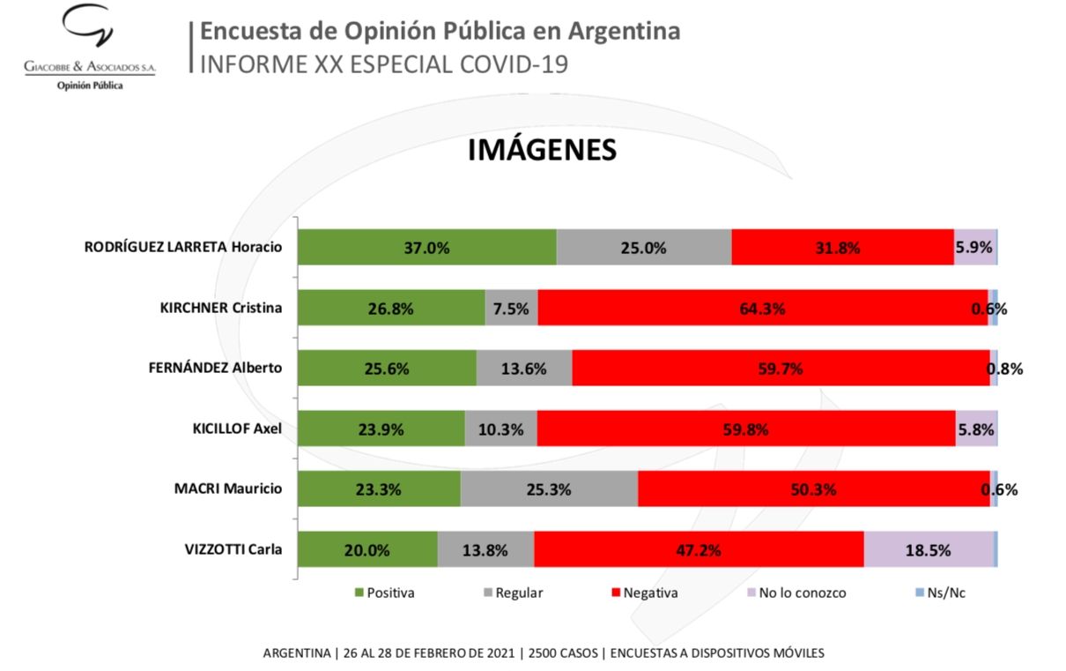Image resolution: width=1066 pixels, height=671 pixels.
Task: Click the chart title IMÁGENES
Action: click(x=541, y=150)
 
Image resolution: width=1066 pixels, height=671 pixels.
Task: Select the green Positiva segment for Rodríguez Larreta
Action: click(x=426, y=248)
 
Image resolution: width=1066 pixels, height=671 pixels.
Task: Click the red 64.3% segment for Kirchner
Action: click(x=763, y=309)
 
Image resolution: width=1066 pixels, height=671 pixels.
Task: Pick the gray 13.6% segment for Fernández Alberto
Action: click(x=523, y=369)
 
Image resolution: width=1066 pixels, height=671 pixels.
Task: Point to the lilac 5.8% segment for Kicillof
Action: click(x=975, y=429)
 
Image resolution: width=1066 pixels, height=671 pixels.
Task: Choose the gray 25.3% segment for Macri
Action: click(x=549, y=489)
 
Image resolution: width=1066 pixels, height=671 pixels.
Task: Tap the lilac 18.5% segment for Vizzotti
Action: click(x=928, y=550)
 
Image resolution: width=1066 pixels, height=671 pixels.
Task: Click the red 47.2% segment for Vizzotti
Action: click(x=699, y=550)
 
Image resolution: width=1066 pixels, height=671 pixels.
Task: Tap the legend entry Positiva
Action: click(x=384, y=593)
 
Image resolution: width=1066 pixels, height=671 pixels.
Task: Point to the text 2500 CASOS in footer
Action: click(x=561, y=653)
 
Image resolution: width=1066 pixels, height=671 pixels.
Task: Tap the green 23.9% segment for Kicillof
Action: click(x=381, y=429)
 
